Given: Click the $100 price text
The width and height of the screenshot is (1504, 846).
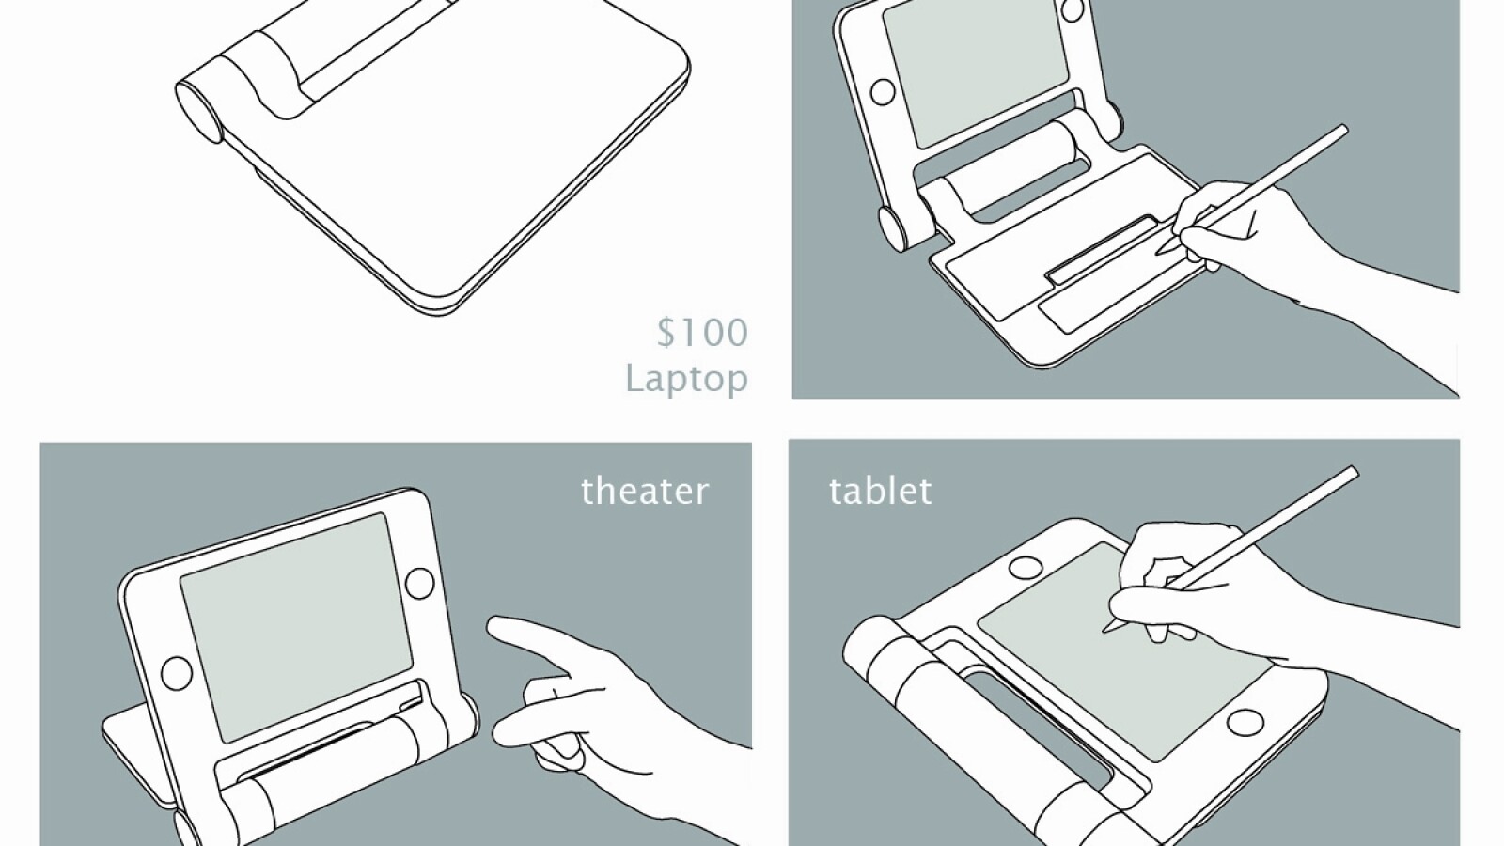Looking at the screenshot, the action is [x=702, y=333].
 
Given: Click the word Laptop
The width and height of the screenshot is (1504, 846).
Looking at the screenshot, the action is [x=687, y=379].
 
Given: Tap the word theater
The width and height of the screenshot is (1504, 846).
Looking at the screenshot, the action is [x=645, y=491].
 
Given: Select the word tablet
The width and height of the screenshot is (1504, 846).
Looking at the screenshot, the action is [x=880, y=491].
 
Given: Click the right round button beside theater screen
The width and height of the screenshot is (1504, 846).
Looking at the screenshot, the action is [x=419, y=583].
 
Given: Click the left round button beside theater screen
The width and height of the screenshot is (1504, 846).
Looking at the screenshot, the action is [x=177, y=672].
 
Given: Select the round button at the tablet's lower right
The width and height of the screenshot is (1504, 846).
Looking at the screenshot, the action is [x=1245, y=723].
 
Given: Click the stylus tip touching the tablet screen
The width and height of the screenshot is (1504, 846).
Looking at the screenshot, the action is [x=1105, y=631].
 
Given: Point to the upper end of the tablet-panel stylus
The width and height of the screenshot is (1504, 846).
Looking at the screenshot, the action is [x=1351, y=473].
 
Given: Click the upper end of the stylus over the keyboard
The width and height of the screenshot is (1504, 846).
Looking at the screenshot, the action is [x=1340, y=131].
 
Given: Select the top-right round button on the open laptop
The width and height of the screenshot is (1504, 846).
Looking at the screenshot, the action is [x=1073, y=10].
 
